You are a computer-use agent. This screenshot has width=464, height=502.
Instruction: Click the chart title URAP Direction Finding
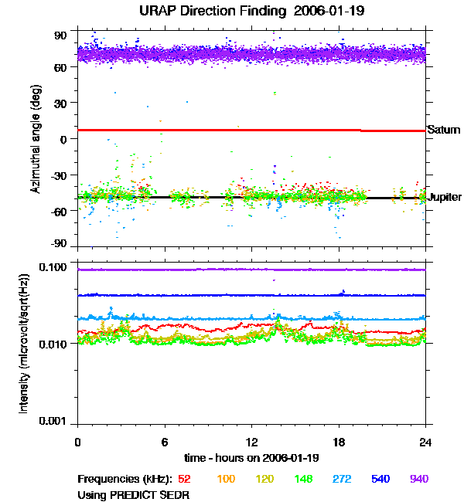(x=213, y=11)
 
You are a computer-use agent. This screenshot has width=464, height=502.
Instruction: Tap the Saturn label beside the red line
(x=444, y=130)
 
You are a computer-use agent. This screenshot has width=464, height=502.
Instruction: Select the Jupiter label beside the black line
(x=445, y=197)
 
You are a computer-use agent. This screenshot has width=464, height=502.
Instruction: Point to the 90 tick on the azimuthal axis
(x=60, y=36)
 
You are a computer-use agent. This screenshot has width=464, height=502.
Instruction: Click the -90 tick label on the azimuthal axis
(x=58, y=243)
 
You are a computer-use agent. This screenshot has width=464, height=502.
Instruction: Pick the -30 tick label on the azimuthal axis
(x=58, y=175)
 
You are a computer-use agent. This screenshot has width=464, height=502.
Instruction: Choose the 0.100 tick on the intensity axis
(x=53, y=266)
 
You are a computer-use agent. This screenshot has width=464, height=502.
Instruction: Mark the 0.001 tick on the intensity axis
(x=53, y=421)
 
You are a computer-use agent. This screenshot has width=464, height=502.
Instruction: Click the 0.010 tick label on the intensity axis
(x=53, y=344)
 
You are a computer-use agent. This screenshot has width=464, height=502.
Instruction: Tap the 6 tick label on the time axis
(x=165, y=442)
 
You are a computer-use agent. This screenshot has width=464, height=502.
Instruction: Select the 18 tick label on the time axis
(x=339, y=442)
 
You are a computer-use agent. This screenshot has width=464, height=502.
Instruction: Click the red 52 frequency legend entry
(x=184, y=479)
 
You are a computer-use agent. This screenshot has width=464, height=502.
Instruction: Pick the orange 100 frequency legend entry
(x=226, y=479)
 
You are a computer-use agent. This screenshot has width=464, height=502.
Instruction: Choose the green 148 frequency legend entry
(x=303, y=479)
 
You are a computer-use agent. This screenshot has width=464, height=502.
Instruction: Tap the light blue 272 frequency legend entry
(x=342, y=479)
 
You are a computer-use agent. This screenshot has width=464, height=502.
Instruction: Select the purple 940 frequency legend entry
(x=419, y=479)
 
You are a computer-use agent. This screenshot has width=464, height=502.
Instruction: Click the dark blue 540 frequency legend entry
(x=380, y=479)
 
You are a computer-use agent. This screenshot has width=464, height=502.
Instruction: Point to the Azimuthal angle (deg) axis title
(x=36, y=139)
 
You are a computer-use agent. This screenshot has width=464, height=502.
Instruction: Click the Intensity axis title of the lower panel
(x=24, y=344)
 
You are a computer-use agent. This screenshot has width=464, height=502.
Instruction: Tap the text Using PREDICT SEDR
(x=133, y=495)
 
